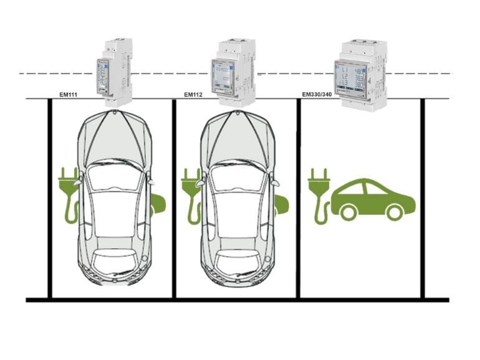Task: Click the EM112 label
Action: (x=193, y=95)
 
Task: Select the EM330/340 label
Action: (x=317, y=95)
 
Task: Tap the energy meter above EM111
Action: (x=113, y=72)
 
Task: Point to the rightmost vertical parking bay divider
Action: (x=423, y=199)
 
